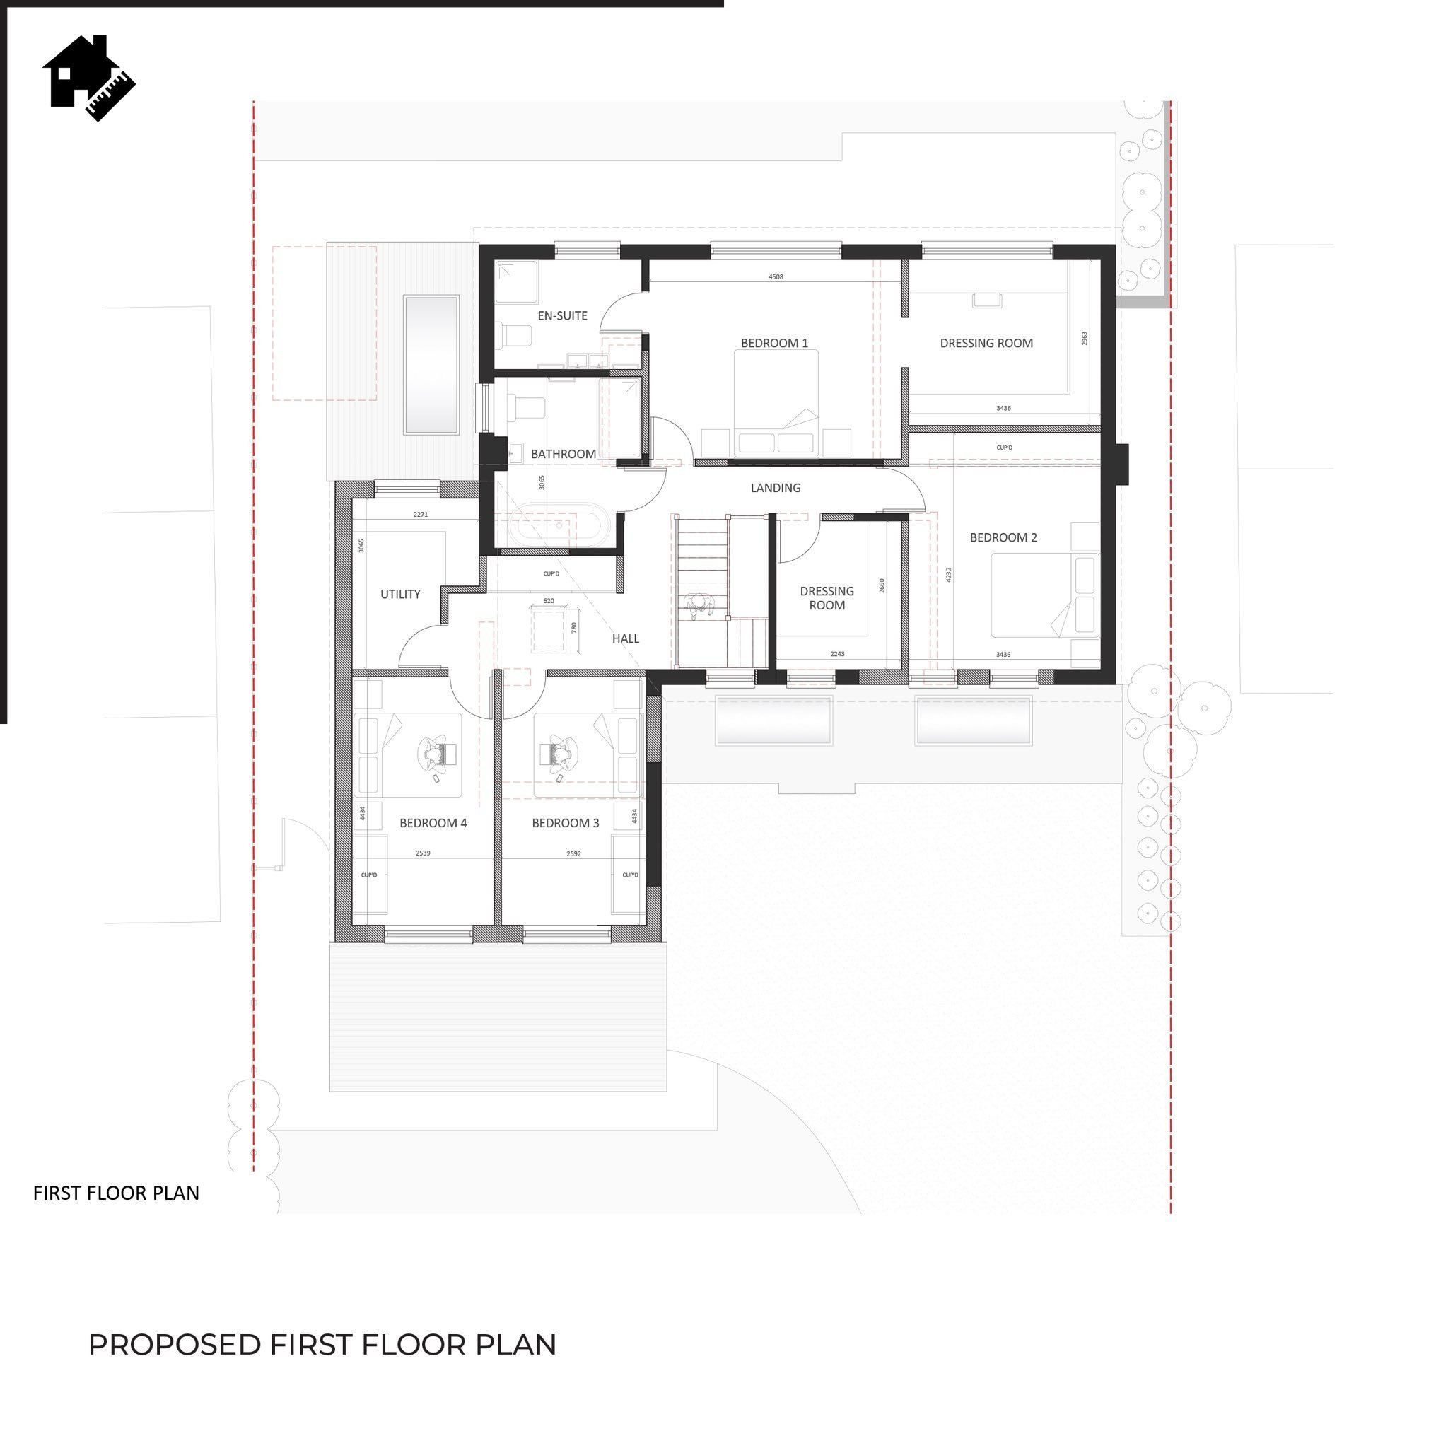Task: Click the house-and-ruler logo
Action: tap(88, 78)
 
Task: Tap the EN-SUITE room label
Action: tap(562, 315)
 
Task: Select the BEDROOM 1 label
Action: tap(774, 343)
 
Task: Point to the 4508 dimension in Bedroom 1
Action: tap(776, 276)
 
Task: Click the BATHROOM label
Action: tap(564, 454)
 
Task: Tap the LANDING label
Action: tap(776, 488)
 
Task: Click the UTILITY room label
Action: tap(400, 595)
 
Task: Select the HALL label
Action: tap(626, 638)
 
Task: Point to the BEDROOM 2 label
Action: tap(1003, 537)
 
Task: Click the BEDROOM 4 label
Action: tap(433, 823)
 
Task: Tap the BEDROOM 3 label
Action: tap(566, 823)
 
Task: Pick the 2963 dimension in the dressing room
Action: tap(1085, 338)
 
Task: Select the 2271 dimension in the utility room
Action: tap(421, 514)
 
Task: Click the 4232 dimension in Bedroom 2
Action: tap(949, 574)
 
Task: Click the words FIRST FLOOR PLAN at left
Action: tap(116, 1193)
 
